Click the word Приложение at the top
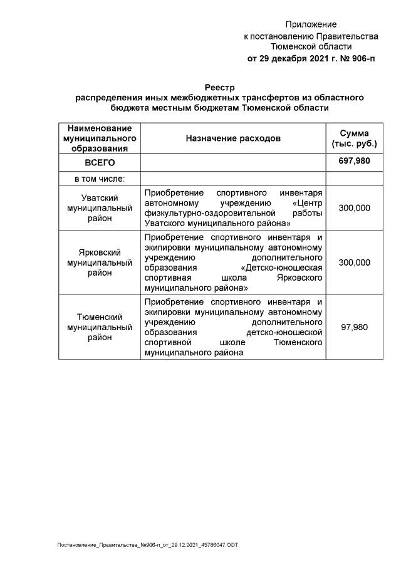[311, 24]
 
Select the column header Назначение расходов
[233, 138]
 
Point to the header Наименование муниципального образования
[100, 138]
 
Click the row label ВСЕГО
[100, 162]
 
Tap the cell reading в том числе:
[100, 179]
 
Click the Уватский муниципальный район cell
[100, 208]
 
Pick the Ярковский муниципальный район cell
[100, 263]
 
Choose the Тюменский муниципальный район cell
[100, 327]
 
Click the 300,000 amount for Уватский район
[354, 208]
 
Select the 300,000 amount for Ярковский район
[354, 263]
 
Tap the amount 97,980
[354, 327]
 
